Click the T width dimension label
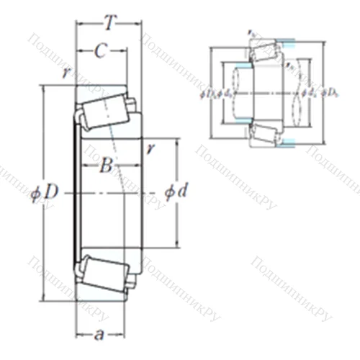click(x=109, y=23)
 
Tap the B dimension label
click(x=107, y=168)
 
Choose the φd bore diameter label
click(x=176, y=193)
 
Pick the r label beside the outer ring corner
click(x=66, y=73)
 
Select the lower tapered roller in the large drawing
click(x=103, y=272)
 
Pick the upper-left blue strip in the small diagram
click(x=243, y=66)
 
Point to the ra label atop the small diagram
click(x=251, y=34)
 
